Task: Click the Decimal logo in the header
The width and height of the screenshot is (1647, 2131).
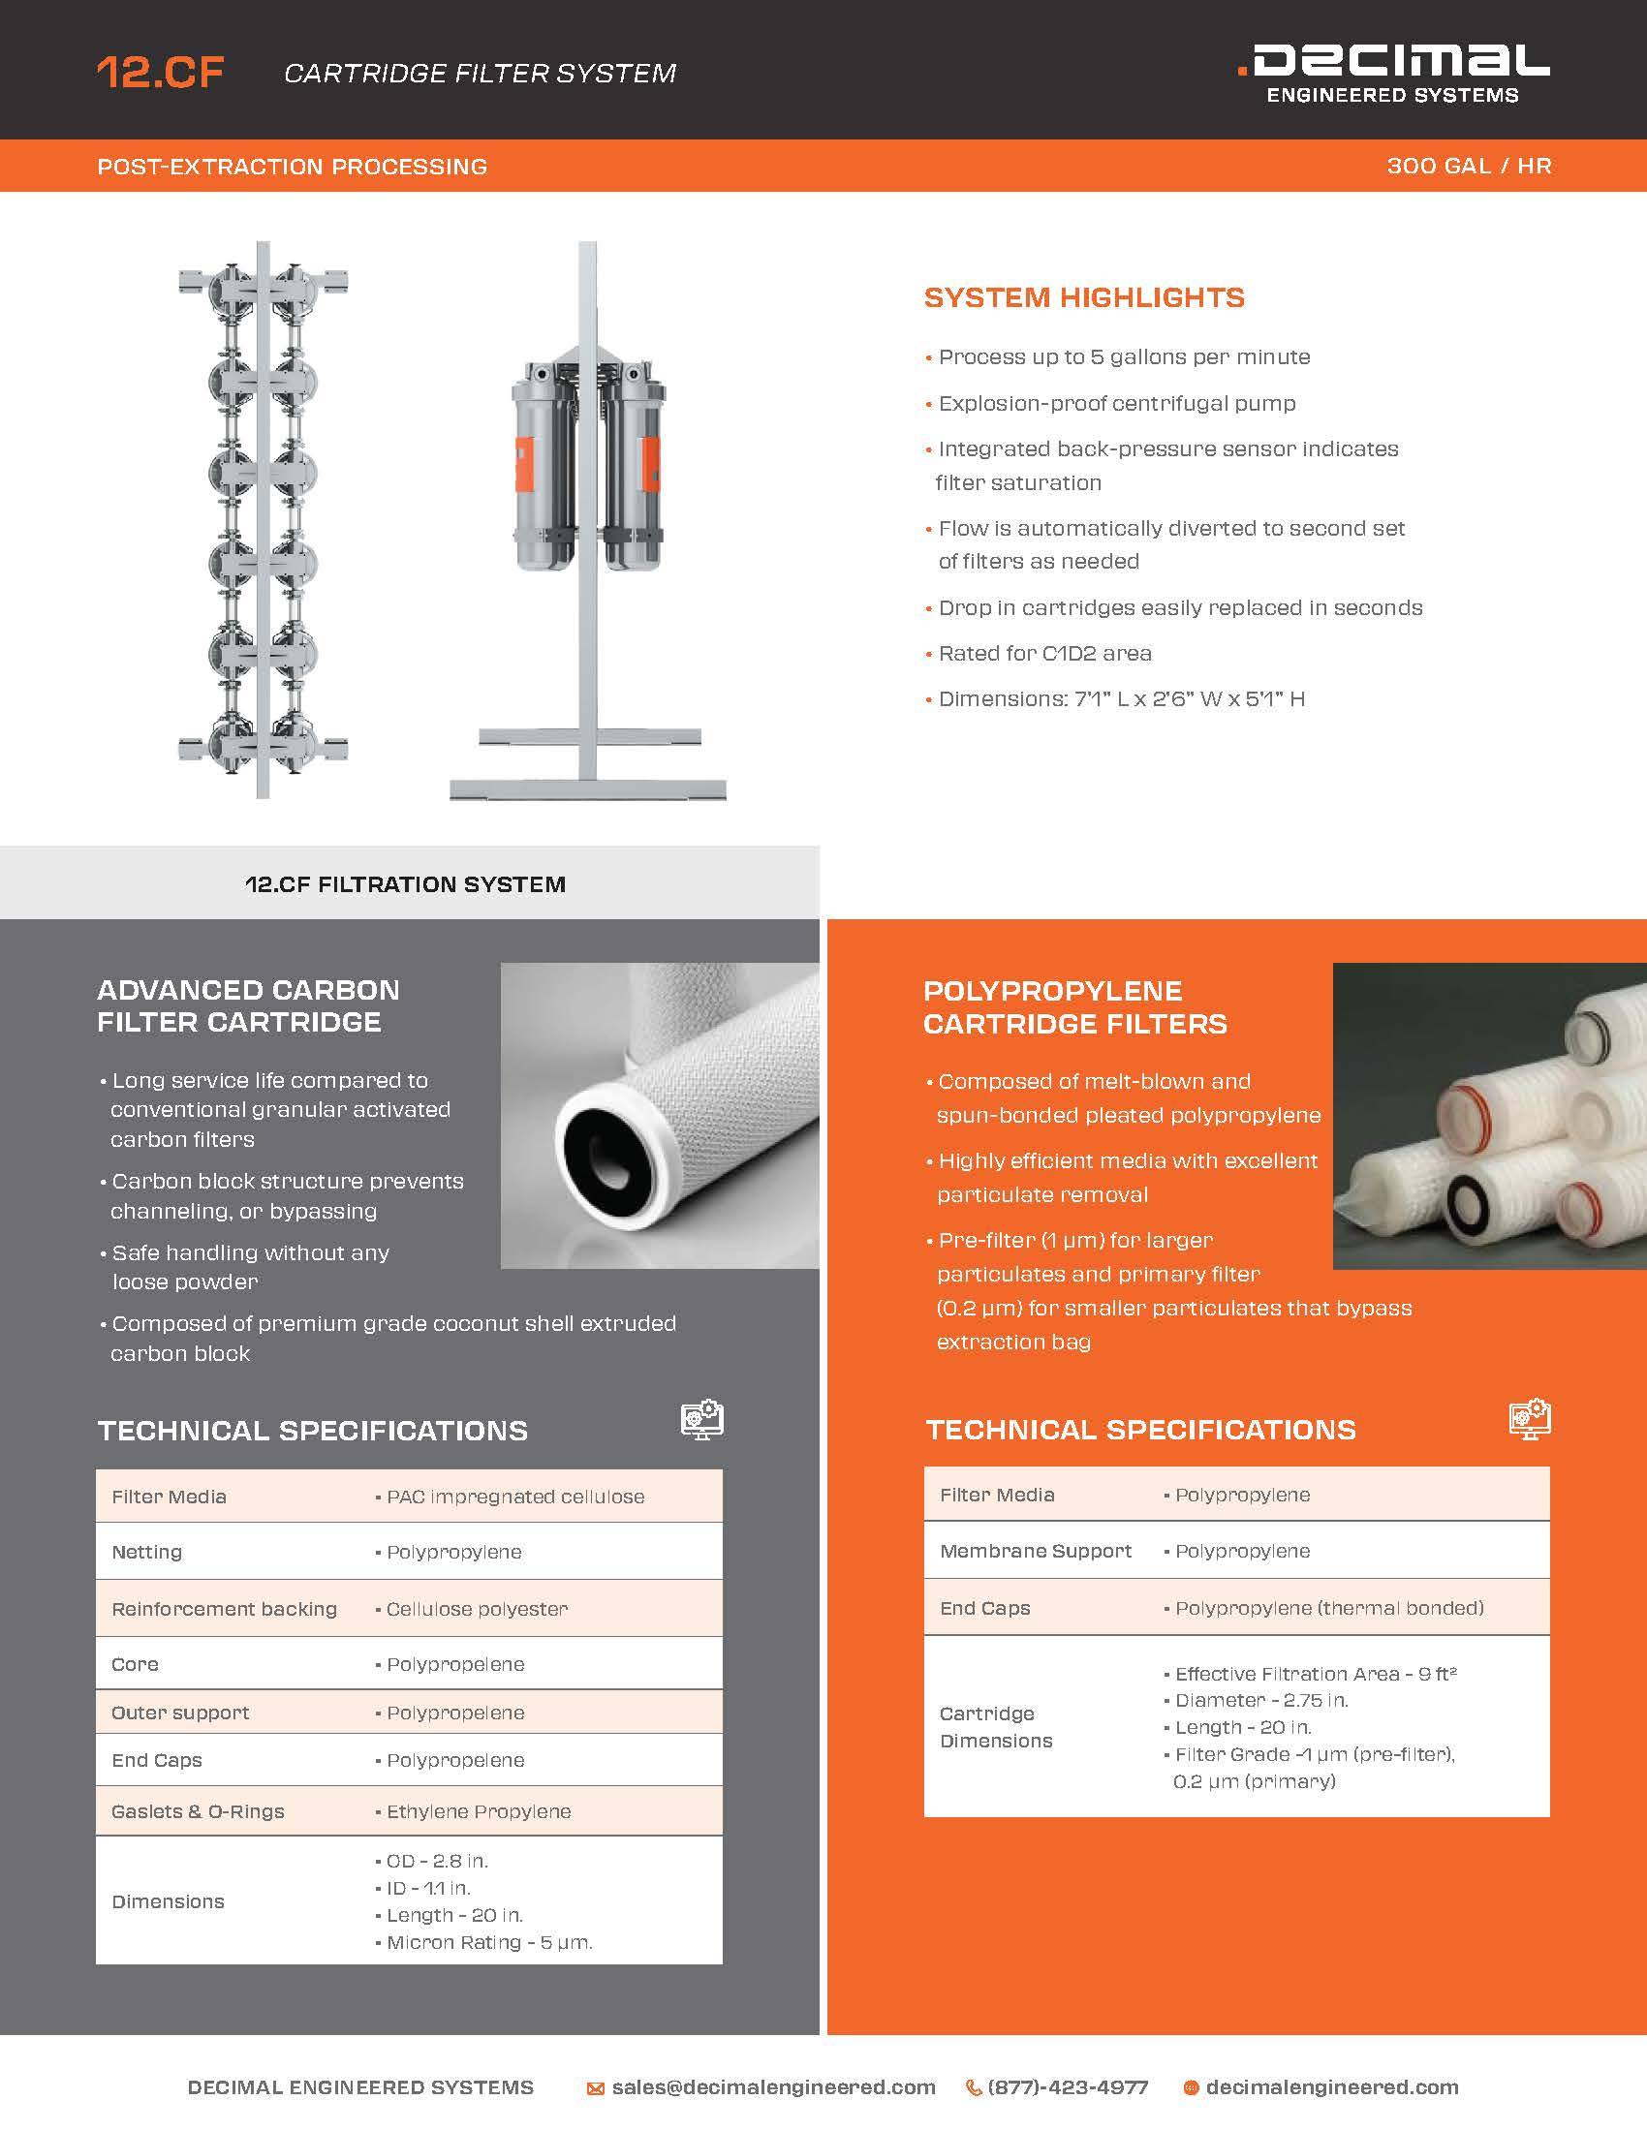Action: [1392, 73]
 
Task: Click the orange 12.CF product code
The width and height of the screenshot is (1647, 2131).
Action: [160, 74]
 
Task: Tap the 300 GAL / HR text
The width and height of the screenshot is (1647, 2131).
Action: [1469, 166]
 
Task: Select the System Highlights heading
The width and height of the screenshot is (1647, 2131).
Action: [1084, 297]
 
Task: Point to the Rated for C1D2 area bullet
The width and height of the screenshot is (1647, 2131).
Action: [1044, 654]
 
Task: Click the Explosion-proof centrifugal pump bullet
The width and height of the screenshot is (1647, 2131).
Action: [1116, 404]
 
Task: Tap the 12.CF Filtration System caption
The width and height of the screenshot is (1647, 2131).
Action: [405, 885]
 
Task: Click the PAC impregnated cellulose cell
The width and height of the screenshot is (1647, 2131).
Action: [514, 1497]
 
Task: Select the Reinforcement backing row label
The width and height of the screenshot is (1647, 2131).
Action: [224, 1609]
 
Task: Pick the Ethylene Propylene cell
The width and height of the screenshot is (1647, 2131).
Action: [478, 1811]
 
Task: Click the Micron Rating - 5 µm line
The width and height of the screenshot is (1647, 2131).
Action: [489, 1943]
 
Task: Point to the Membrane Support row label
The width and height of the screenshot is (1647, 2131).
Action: [1036, 1551]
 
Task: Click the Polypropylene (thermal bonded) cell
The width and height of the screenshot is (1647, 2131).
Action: [1328, 1608]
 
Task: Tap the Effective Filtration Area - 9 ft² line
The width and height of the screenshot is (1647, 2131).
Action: [1316, 1674]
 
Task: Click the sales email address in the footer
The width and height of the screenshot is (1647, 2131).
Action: [773, 2087]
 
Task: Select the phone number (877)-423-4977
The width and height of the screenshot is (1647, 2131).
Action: [1068, 2087]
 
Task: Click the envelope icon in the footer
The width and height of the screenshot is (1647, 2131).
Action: [595, 2088]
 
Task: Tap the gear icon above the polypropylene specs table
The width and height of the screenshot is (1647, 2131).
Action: [1529, 1419]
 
